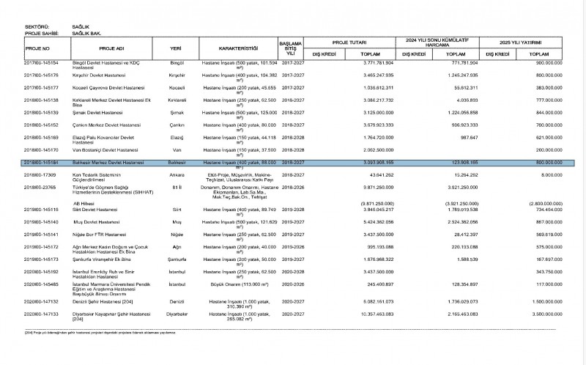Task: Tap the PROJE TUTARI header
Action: pyautogui.click(x=349, y=42)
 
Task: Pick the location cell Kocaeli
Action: pyautogui.click(x=176, y=87)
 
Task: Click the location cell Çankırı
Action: pyautogui.click(x=176, y=125)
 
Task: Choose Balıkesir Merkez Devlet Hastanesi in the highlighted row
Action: pyautogui.click(x=102, y=162)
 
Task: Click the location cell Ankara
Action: pyautogui.click(x=176, y=175)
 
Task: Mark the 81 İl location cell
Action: pyautogui.click(x=176, y=187)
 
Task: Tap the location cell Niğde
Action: pyautogui.click(x=176, y=235)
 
